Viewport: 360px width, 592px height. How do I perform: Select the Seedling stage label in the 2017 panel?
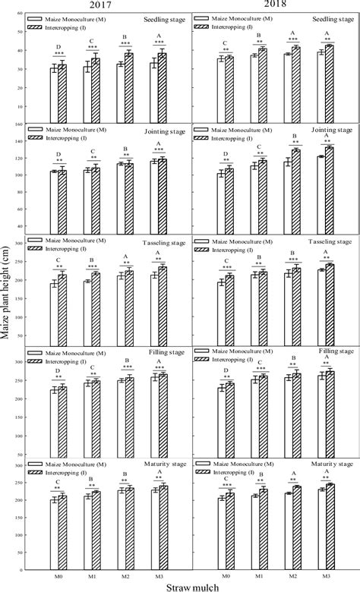coord(161,20)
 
